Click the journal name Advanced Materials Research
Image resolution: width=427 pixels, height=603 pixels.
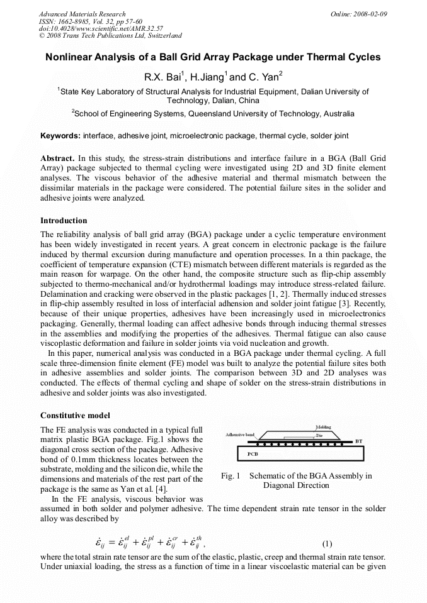[x=83, y=14]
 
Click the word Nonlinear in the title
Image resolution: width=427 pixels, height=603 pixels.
[x=70, y=57]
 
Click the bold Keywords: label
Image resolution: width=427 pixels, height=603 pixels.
[x=60, y=136]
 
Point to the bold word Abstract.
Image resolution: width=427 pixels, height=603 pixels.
[x=57, y=159]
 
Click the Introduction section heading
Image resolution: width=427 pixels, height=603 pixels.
[x=64, y=221]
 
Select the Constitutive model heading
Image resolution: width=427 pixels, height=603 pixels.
[x=75, y=416]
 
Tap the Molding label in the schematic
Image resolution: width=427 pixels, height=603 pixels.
[x=322, y=428]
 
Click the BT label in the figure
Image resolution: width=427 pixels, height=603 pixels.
[x=359, y=442]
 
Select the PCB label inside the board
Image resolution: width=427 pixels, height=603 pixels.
[x=253, y=453]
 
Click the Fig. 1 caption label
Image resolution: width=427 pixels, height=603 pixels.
[x=231, y=476]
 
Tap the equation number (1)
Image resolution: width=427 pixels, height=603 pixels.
[x=327, y=544]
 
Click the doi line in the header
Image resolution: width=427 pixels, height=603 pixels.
[x=101, y=29]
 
